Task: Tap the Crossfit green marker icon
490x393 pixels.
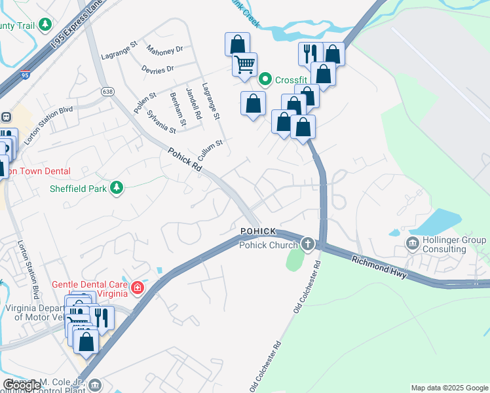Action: pos(265,80)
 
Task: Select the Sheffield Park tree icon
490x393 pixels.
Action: pos(117,189)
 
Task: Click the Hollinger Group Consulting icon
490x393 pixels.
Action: pos(413,245)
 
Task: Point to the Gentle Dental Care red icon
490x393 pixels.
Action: pos(138,287)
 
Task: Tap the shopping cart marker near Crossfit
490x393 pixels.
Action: pos(244,65)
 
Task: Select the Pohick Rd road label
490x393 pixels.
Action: pos(185,161)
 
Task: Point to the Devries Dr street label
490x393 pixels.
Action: pos(157,68)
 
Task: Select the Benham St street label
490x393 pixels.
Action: pos(178,109)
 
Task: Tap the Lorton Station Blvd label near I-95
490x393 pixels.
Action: pos(48,126)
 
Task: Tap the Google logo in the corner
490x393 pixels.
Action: pos(22,386)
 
